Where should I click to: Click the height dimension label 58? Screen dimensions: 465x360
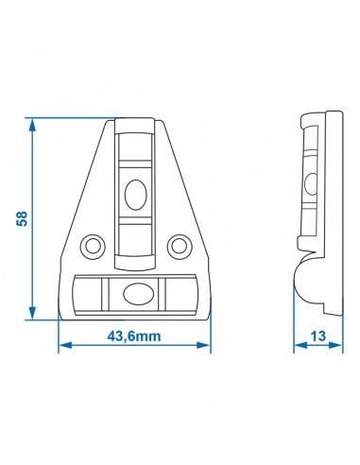pos(22,217)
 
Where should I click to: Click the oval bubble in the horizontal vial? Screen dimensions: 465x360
pos(134,294)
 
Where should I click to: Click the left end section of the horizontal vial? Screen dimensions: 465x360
pos(87,294)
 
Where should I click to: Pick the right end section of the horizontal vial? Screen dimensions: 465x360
pos(181,294)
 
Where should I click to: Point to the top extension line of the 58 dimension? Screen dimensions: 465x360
pos(66,118)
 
